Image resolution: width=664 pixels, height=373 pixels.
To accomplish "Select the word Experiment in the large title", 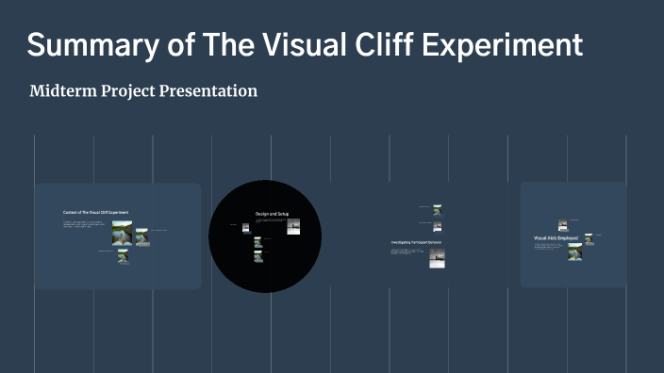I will point(506,44).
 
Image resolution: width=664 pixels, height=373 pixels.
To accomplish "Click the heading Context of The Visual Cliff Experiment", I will point(95,213).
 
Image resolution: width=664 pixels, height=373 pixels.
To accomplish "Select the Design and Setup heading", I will point(271,215).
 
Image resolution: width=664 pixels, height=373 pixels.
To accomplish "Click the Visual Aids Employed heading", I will point(556,238).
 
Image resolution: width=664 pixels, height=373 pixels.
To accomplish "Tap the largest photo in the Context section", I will point(122,235).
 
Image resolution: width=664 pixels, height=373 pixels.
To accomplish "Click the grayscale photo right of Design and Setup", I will point(293,226).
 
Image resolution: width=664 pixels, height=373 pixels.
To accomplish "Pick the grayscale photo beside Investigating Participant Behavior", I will point(437,257).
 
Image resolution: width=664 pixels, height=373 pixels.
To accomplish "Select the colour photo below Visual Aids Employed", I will point(574,251).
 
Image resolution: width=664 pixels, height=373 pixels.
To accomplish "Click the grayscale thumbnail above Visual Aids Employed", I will point(563,225).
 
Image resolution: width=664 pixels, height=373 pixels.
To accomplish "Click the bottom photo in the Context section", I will point(124,256).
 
